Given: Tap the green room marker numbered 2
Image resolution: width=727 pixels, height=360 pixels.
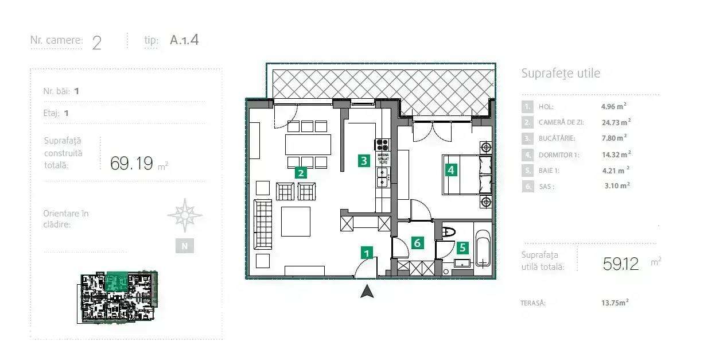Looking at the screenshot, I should click(x=300, y=172).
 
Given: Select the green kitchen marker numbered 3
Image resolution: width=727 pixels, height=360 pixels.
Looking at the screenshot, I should click(x=363, y=161).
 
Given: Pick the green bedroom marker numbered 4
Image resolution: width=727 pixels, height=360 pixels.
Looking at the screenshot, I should click(x=451, y=170).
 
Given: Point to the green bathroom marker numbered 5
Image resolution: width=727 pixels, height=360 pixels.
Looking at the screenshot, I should click(x=462, y=248).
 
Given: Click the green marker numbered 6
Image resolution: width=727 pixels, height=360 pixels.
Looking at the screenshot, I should click(x=417, y=243).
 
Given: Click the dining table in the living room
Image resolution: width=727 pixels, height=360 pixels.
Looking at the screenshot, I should click(x=308, y=144).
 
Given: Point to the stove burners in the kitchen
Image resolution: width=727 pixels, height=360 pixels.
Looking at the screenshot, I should click(x=382, y=145).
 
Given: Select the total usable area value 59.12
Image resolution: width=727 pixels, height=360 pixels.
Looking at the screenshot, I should click(x=621, y=264).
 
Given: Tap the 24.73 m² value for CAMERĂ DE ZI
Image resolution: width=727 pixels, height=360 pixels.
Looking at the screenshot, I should click(x=616, y=122).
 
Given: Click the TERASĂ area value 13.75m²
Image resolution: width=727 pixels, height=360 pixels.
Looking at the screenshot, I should click(x=615, y=303).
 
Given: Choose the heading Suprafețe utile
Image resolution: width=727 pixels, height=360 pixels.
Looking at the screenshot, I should click(x=561, y=73).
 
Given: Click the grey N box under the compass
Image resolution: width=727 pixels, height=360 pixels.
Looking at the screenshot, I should click(x=184, y=246).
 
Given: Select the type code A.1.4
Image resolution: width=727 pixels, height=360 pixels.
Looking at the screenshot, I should click(x=184, y=40).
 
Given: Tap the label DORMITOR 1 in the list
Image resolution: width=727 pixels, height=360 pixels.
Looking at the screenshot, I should click(x=556, y=154).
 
